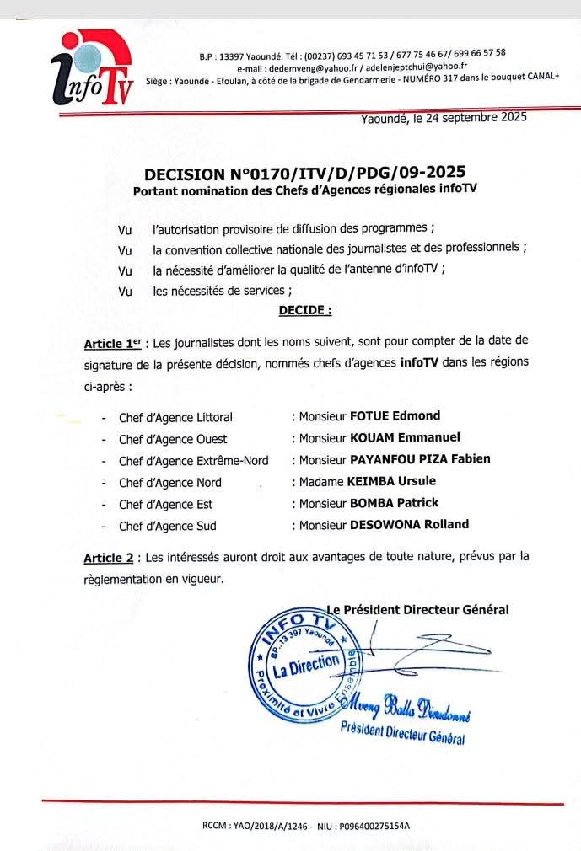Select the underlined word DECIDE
coord(304,310)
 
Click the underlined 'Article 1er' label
coord(112,344)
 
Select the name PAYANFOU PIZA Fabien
coord(419,459)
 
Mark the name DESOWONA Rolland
coord(409,524)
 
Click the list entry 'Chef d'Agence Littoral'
coord(175,417)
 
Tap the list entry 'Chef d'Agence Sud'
coord(167,526)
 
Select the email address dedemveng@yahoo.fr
coord(306,67)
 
